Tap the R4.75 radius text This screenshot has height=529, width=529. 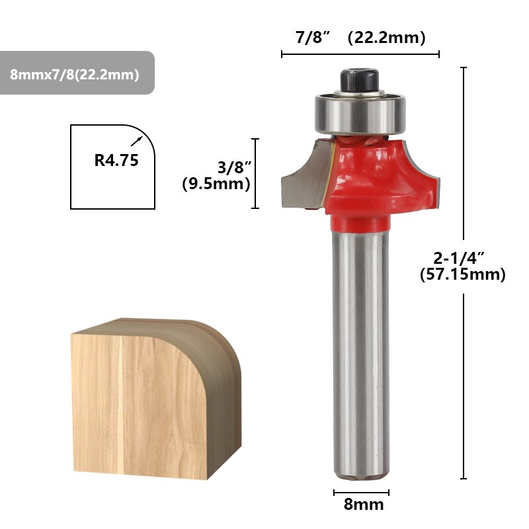(x=116, y=160)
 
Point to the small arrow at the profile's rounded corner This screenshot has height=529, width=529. (x=138, y=140)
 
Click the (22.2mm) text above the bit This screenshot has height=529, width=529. (x=386, y=38)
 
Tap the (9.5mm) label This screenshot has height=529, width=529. (x=216, y=184)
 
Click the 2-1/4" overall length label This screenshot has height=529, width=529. (x=462, y=257)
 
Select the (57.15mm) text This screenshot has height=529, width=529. (x=462, y=274)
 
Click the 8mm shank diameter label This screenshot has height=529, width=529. (x=363, y=505)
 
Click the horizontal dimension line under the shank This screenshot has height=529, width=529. (x=361, y=492)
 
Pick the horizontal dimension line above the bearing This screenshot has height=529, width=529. (x=360, y=54)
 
